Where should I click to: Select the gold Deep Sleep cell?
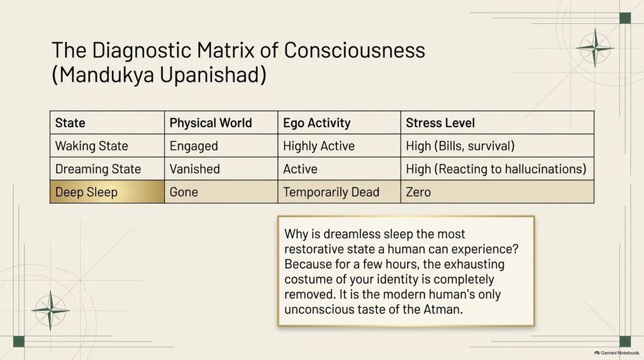point(107,191)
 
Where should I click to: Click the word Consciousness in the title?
point(355,50)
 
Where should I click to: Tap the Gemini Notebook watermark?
point(616,352)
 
